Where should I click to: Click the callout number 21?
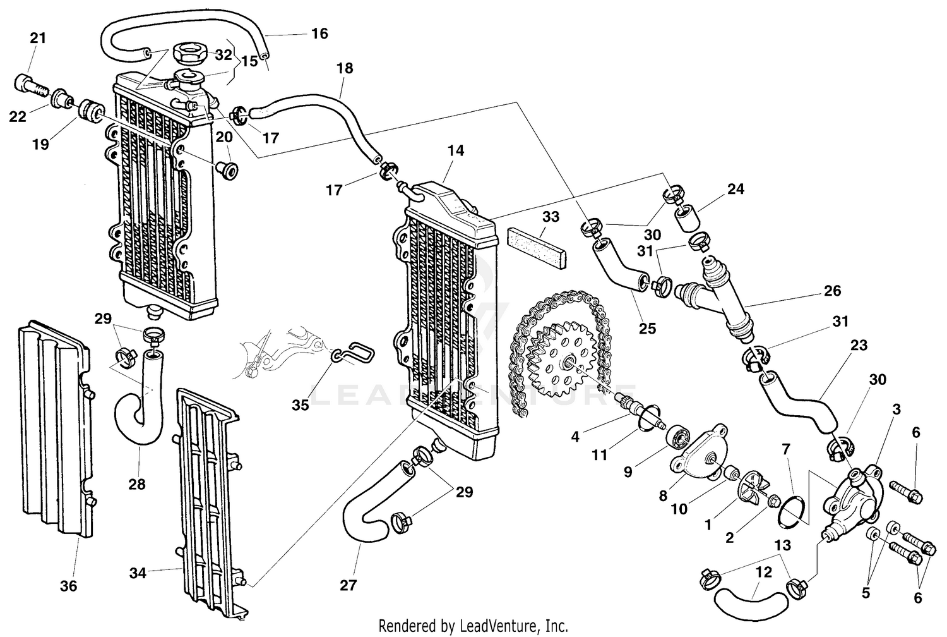39,38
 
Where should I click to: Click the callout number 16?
320,33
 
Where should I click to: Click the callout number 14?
456,150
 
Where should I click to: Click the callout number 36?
69,586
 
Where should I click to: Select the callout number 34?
138,573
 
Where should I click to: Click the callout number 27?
348,585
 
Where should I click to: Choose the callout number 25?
647,328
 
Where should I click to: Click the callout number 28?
137,484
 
